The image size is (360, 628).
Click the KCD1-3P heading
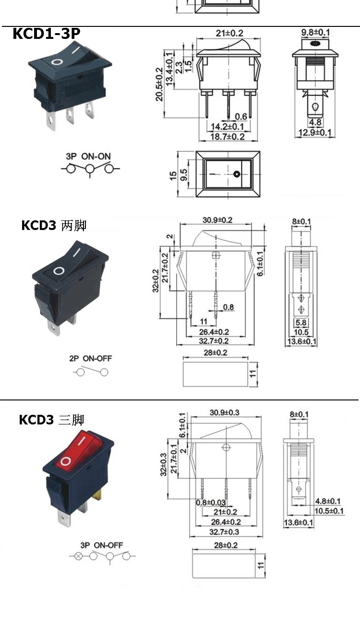click(x=47, y=33)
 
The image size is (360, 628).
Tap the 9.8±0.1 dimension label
click(x=315, y=33)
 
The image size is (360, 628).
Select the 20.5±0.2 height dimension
click(x=159, y=84)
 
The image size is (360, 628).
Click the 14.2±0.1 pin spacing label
click(x=228, y=127)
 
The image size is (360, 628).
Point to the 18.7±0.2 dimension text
click(x=228, y=137)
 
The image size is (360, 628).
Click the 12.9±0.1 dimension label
click(x=315, y=133)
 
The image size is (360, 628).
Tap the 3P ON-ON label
click(x=88, y=157)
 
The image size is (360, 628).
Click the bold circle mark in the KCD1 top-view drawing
click(x=237, y=174)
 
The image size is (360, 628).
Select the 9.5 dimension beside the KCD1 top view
click(x=184, y=175)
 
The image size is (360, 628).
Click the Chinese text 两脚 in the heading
click(x=74, y=225)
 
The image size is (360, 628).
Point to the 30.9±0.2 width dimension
click(x=217, y=220)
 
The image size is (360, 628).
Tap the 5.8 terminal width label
click(x=301, y=323)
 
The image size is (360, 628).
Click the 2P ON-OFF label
click(x=91, y=358)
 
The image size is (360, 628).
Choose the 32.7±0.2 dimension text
click(x=214, y=341)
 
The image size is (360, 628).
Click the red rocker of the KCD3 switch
click(x=79, y=449)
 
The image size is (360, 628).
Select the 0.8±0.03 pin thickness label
click(x=211, y=503)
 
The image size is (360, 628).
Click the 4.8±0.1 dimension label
click(x=328, y=501)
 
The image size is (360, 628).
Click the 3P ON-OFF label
click(x=101, y=545)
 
